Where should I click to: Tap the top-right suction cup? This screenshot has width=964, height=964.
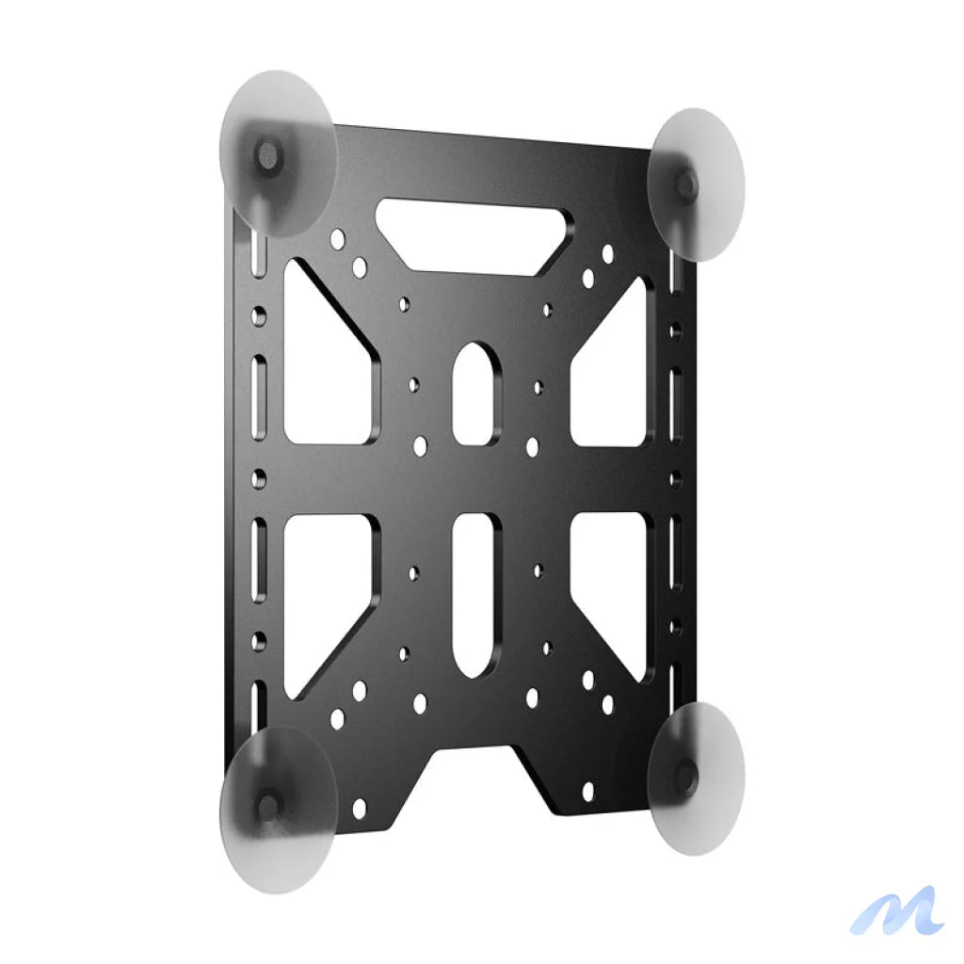[x=699, y=184]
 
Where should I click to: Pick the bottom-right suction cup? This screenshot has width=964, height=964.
[x=699, y=778]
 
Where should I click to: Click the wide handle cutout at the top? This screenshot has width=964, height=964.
[x=474, y=235]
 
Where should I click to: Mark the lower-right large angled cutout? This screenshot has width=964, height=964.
[x=614, y=579]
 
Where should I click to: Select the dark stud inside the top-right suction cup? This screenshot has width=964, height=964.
[x=686, y=183]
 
